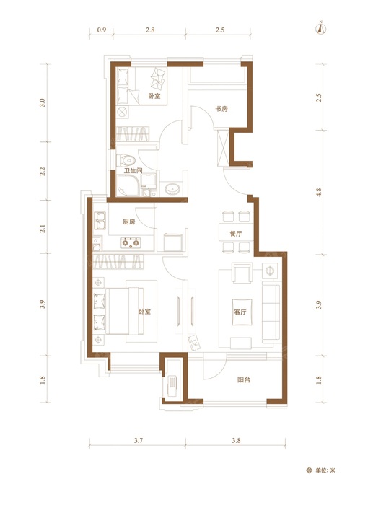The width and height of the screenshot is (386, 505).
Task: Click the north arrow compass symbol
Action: (x=320, y=28)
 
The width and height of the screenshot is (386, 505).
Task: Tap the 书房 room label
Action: (x=221, y=109)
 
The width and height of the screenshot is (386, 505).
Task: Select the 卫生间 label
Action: (x=133, y=170)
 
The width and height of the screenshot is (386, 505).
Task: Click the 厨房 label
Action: (x=129, y=221)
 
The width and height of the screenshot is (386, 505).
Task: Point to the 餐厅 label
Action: (x=236, y=234)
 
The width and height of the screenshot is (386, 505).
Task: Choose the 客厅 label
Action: (x=240, y=312)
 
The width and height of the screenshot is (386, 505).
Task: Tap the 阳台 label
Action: (x=244, y=379)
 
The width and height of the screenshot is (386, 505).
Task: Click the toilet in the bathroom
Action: (x=126, y=159)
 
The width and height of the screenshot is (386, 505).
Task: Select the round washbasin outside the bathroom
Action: (x=173, y=188)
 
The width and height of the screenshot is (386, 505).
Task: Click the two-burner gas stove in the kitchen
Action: (x=131, y=242)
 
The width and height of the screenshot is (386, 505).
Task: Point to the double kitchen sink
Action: (x=100, y=221)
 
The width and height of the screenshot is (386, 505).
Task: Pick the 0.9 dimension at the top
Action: (x=102, y=30)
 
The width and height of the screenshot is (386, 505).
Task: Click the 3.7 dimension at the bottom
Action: (x=139, y=440)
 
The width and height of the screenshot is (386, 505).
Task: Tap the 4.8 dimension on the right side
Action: (x=319, y=193)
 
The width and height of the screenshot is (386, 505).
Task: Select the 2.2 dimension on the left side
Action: (x=43, y=171)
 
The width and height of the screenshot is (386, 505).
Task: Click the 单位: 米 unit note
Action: (x=321, y=470)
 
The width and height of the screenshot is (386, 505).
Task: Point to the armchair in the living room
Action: (x=242, y=273)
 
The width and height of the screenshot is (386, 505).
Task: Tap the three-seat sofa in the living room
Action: (x=271, y=312)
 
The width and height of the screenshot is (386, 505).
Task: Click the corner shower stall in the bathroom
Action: (x=128, y=185)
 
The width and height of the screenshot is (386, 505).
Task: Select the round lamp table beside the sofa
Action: (x=270, y=271)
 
